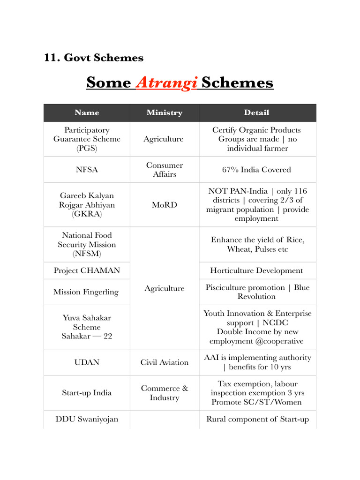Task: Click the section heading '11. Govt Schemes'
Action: tap(94, 58)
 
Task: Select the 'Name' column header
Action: tap(87, 112)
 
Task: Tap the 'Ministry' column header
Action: tap(164, 112)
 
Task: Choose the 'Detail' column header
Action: tap(256, 112)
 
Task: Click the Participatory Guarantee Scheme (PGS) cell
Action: tap(87, 139)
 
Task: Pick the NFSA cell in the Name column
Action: tap(87, 170)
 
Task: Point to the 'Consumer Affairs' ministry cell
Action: tap(164, 170)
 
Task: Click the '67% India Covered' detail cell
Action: tap(256, 170)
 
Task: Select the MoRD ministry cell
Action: tap(164, 205)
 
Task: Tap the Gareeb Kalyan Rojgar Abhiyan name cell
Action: tap(87, 205)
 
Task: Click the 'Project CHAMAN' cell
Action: tap(87, 270)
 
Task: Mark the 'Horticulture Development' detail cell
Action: tap(256, 270)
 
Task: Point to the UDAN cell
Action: tap(87, 362)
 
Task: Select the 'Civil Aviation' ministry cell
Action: tap(164, 362)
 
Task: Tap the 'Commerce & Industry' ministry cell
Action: tap(164, 393)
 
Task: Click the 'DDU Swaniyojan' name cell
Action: tap(87, 419)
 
